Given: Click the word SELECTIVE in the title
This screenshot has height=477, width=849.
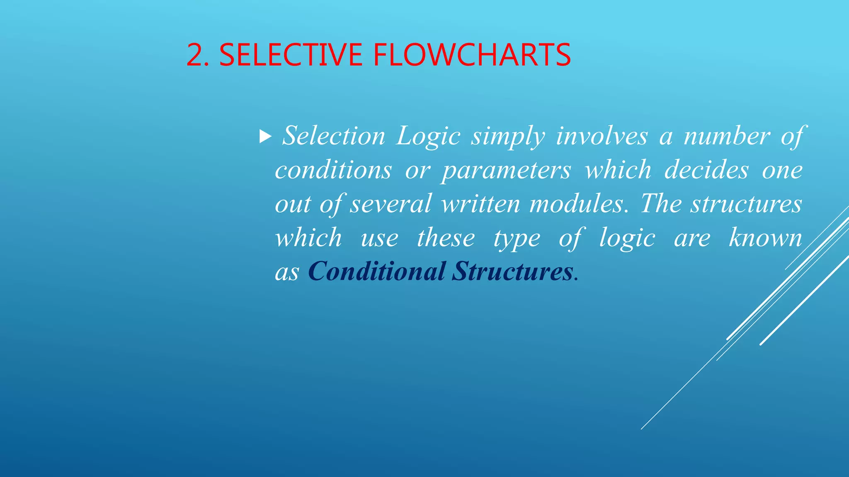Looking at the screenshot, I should point(291,55).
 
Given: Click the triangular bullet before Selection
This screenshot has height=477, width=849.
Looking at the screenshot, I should point(265,136).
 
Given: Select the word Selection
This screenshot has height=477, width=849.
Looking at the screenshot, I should point(334,136).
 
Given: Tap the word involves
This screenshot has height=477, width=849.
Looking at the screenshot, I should point(602,136).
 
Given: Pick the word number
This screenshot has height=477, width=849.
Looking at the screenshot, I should point(727,136).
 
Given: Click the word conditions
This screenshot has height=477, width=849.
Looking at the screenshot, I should point(333,170).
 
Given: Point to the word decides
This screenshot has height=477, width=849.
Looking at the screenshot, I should point(707,170).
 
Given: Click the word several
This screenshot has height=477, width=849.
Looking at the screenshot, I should point(391,204).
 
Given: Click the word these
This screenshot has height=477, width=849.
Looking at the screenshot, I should point(446,238).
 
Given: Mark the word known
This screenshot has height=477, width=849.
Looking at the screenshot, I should point(765,238).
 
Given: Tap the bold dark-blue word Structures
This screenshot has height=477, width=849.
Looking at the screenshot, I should point(512,272).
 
